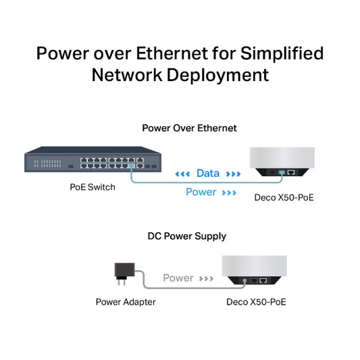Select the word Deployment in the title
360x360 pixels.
pyautogui.click(x=219, y=74)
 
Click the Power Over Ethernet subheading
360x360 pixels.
pyautogui.click(x=189, y=128)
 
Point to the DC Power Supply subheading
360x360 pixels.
pyautogui.click(x=187, y=236)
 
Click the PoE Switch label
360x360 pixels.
pyautogui.click(x=93, y=187)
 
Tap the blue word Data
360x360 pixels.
pyautogui.click(x=207, y=174)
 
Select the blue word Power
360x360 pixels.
pyautogui.click(x=201, y=192)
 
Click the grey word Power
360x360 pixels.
pyautogui.click(x=178, y=278)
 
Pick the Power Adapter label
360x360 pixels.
pyautogui.click(x=126, y=302)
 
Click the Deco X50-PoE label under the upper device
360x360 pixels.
pyautogui.click(x=284, y=198)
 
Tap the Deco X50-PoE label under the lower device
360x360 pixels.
pyautogui.click(x=256, y=302)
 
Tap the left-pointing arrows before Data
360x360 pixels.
pyautogui.click(x=182, y=174)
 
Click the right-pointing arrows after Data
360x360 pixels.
pyautogui.click(x=233, y=174)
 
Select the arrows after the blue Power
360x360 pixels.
pyautogui.click(x=230, y=193)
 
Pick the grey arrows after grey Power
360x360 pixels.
pyautogui.click(x=207, y=278)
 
